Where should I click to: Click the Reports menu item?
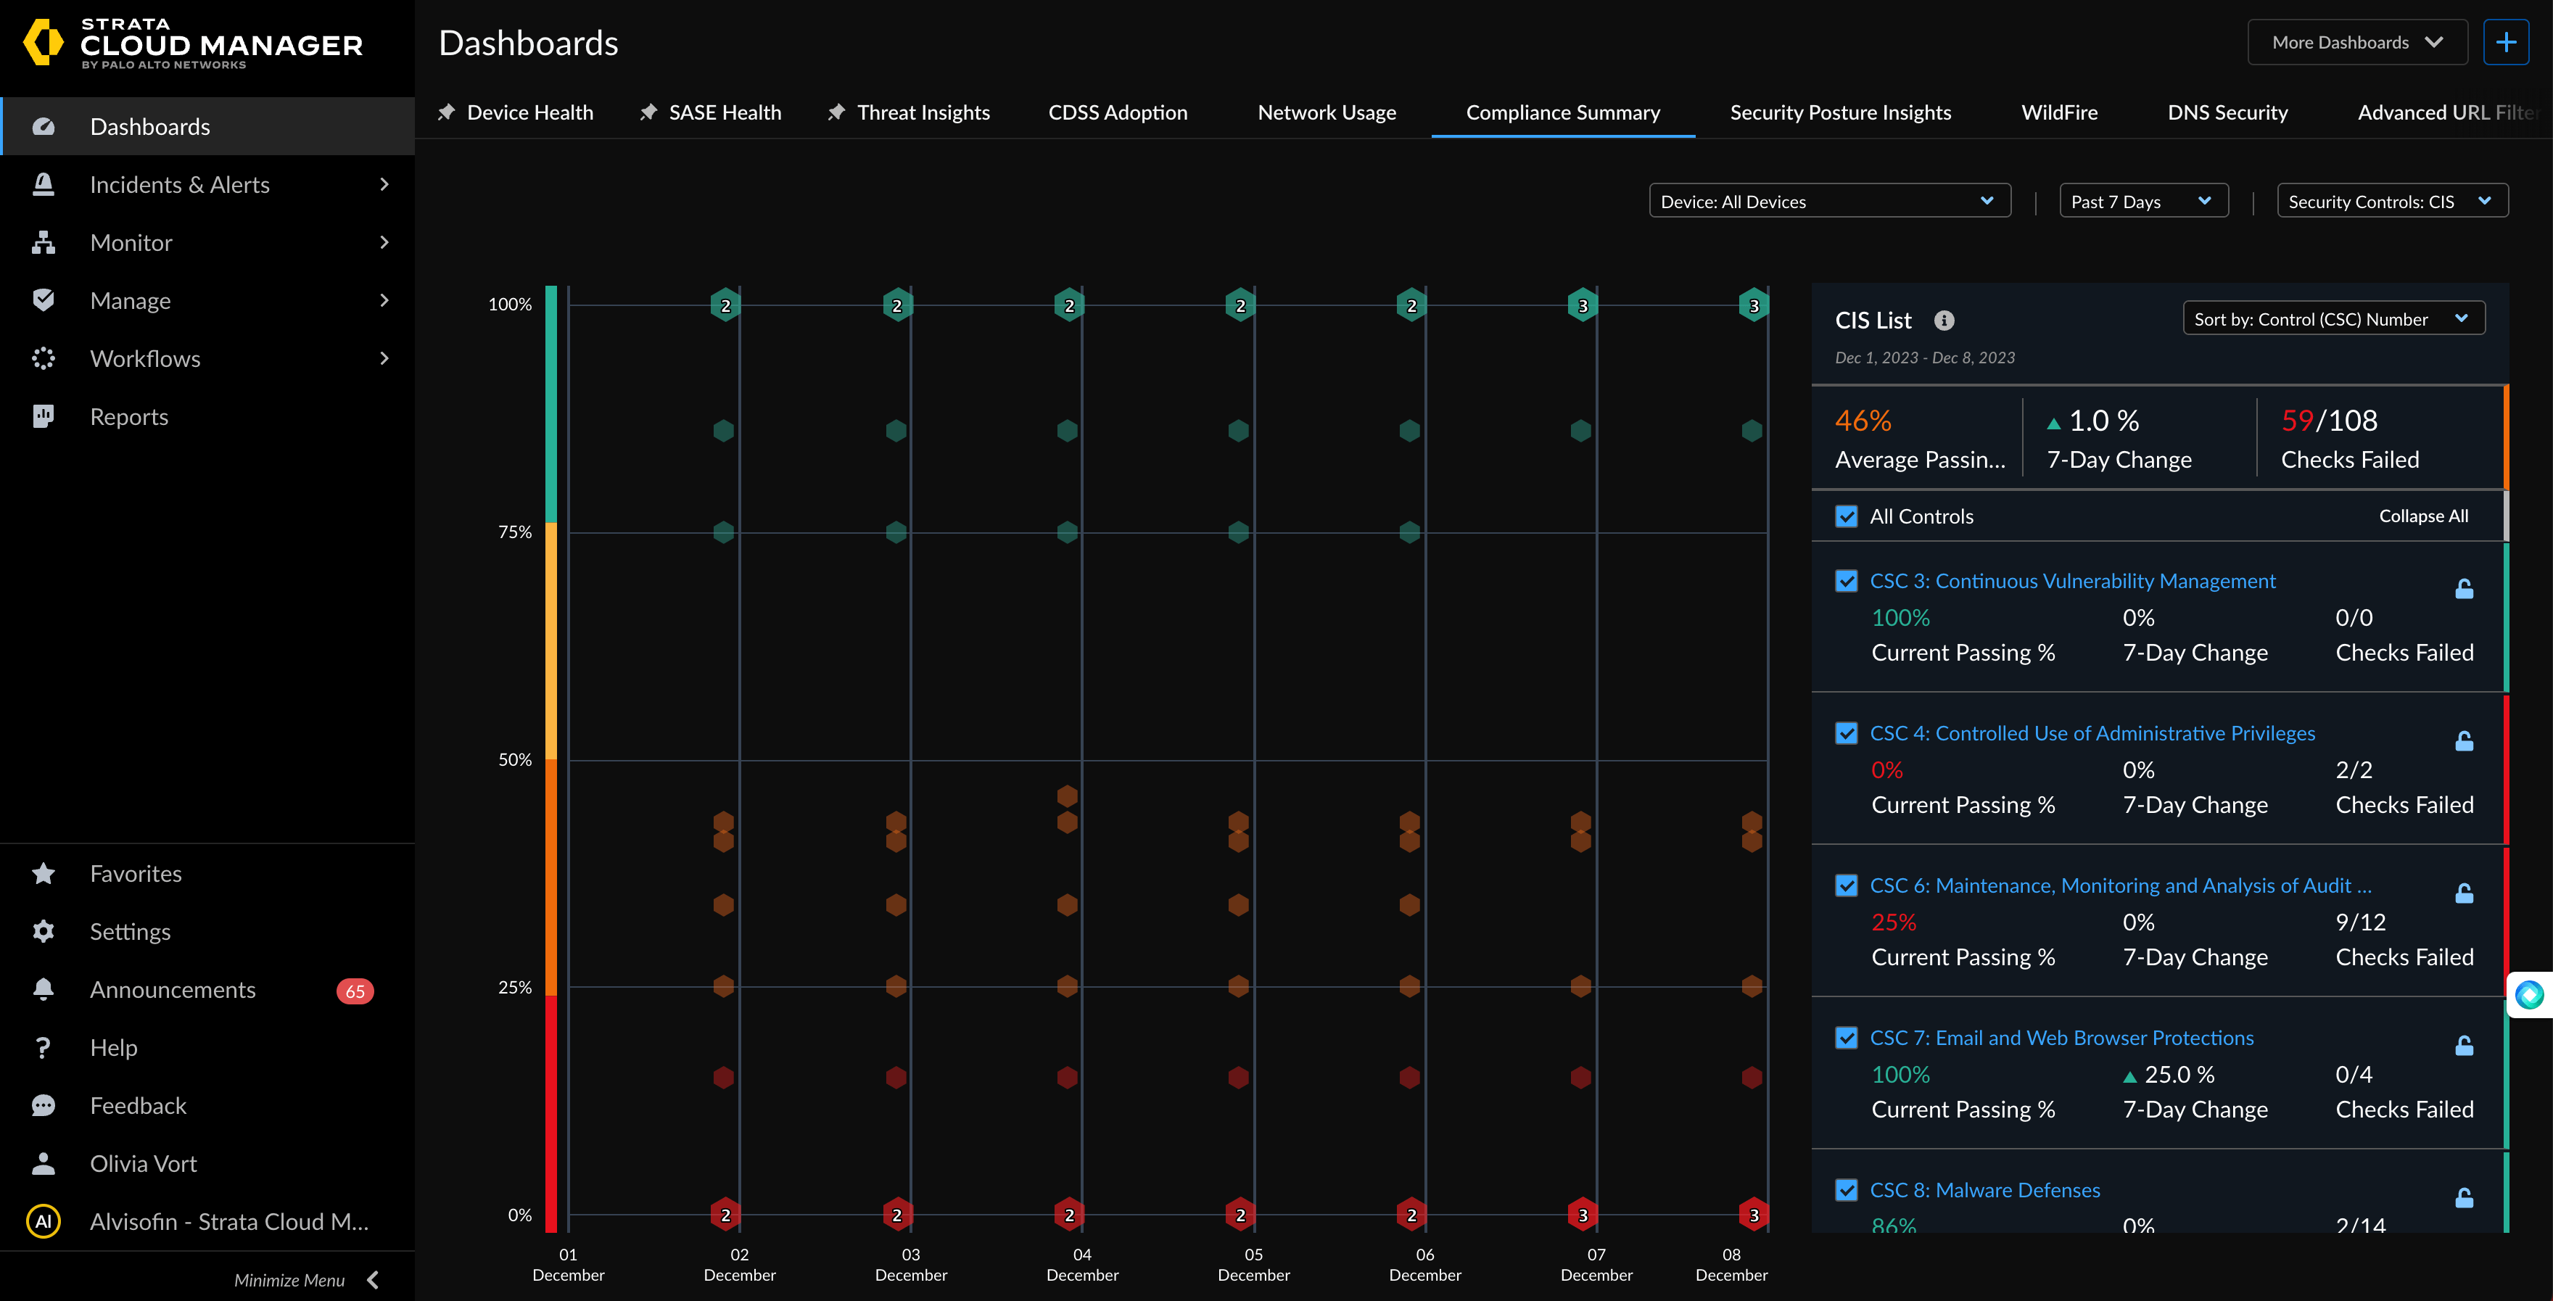tap(129, 417)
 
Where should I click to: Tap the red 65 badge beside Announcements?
tap(355, 991)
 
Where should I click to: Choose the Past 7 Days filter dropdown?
tap(2142, 201)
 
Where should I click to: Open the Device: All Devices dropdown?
tap(1828, 201)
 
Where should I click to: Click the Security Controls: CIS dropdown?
tap(2391, 201)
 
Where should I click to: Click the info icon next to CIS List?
tap(1944, 320)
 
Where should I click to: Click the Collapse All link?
tap(2423, 516)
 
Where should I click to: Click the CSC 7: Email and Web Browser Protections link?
tap(2061, 1038)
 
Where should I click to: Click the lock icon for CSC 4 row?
tap(2464, 741)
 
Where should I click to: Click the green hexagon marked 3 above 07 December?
tap(1583, 306)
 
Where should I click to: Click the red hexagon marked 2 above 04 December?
tap(1068, 1215)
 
